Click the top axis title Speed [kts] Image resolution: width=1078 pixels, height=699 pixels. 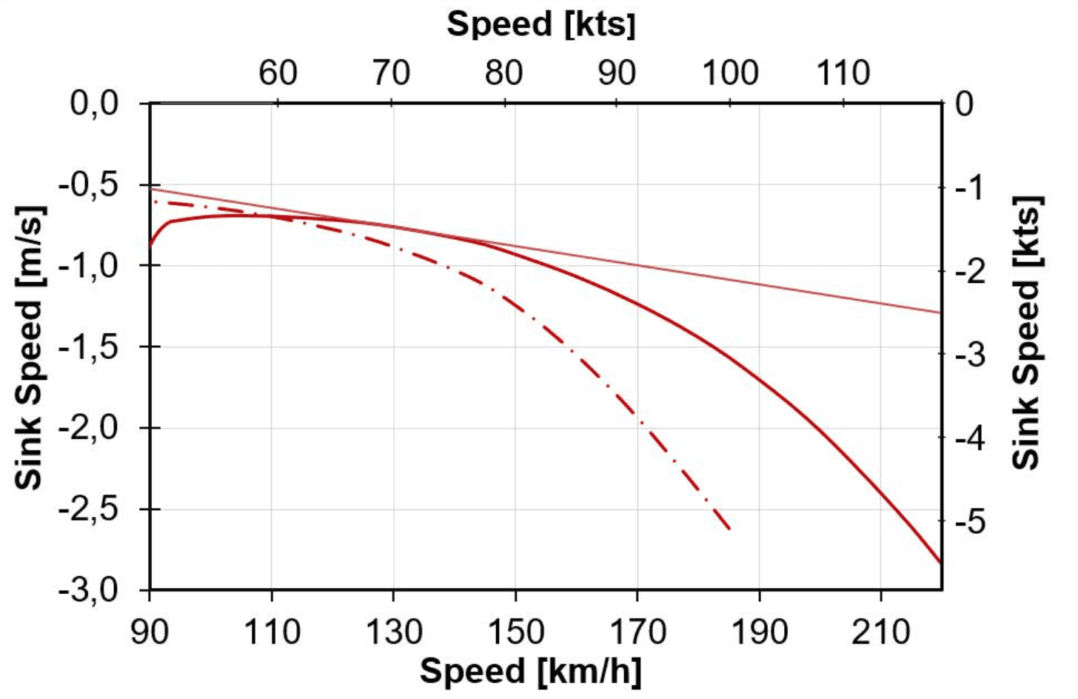pos(541,24)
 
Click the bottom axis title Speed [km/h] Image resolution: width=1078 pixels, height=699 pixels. pos(530,671)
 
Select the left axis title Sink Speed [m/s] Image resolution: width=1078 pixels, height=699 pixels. pos(30,347)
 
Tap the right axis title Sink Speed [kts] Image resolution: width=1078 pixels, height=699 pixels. pos(1026,332)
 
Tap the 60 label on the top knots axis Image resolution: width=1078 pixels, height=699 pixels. pos(278,73)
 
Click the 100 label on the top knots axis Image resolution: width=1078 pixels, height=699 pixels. pos(730,73)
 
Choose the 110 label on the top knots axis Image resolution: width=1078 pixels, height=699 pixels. pos(843,73)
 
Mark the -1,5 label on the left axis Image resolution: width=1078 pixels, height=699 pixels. pos(88,347)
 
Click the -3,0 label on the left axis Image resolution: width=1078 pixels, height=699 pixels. pos(88,591)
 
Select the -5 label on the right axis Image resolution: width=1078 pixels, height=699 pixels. pos(964,522)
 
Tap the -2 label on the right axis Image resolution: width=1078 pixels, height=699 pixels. pos(964,270)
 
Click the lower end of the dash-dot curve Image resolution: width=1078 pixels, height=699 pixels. pos(730,529)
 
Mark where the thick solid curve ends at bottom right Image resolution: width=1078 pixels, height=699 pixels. pos(940,563)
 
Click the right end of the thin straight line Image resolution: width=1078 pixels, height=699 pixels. pos(940,312)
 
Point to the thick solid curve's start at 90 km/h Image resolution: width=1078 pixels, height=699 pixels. pos(150,244)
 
